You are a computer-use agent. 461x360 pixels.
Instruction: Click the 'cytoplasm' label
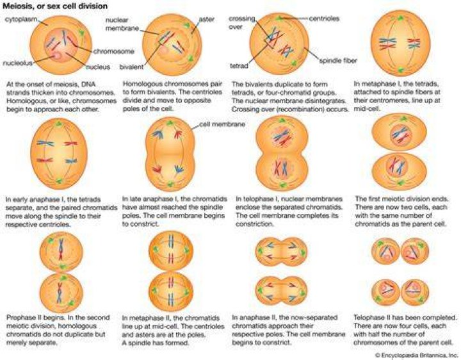(21, 19)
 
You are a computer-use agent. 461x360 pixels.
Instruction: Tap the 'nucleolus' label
(18, 63)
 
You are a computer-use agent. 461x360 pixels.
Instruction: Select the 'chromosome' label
(114, 51)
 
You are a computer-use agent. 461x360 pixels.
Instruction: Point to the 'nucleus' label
(98, 67)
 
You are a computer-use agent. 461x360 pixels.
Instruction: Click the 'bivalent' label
(131, 67)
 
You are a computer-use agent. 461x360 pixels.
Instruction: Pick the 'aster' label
(207, 19)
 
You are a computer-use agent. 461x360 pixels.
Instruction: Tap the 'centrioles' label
(324, 19)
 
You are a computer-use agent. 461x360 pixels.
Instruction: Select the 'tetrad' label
(239, 66)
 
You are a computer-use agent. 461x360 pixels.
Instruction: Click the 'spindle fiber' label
(338, 61)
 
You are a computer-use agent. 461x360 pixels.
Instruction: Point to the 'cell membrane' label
(222, 124)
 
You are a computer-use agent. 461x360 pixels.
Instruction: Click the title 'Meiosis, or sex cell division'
(55, 6)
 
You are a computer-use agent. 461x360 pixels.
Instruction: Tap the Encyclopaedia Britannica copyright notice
(417, 355)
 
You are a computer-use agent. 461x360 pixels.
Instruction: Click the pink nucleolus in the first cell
(56, 55)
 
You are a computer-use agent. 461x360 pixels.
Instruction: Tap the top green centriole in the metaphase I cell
(400, 18)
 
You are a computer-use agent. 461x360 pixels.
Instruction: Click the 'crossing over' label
(242, 22)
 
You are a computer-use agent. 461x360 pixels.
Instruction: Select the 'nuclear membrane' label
(122, 24)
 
